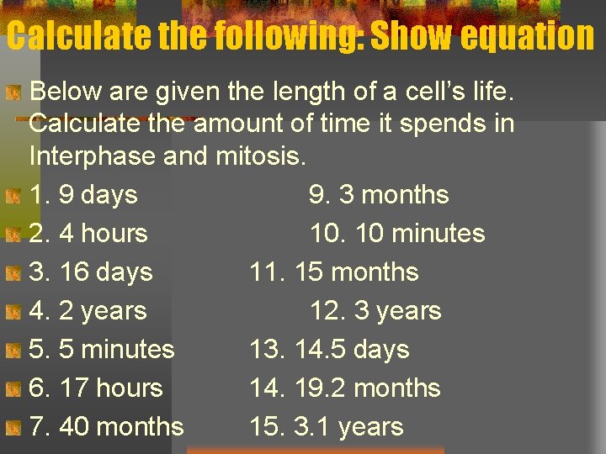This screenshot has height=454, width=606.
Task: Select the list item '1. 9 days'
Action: tap(83, 195)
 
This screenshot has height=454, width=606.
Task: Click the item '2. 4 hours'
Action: tap(88, 234)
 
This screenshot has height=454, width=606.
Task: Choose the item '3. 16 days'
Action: tap(91, 272)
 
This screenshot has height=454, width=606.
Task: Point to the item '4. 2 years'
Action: tap(88, 311)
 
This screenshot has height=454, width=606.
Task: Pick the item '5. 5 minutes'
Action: tap(102, 350)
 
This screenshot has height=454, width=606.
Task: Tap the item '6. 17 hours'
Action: tap(96, 388)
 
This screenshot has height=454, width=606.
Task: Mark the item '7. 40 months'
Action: tap(106, 427)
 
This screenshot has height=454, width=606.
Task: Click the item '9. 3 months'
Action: tap(379, 195)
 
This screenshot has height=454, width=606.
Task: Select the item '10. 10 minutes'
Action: tap(397, 234)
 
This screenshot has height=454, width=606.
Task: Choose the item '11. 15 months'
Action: tap(333, 272)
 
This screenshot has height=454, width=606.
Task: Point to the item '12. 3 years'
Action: tap(375, 311)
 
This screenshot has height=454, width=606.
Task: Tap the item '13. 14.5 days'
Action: tap(329, 350)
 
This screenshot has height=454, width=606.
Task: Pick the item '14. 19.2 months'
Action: tap(344, 388)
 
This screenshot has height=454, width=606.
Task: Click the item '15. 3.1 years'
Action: tap(326, 427)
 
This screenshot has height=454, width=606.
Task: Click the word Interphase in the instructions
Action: tap(93, 156)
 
